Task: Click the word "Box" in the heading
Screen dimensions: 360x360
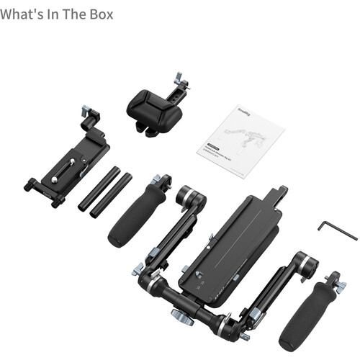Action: pos(99,14)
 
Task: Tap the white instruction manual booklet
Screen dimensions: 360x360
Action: pos(240,140)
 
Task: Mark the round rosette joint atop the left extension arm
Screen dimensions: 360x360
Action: pos(191,196)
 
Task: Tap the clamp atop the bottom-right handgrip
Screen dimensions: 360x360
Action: pos(333,282)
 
